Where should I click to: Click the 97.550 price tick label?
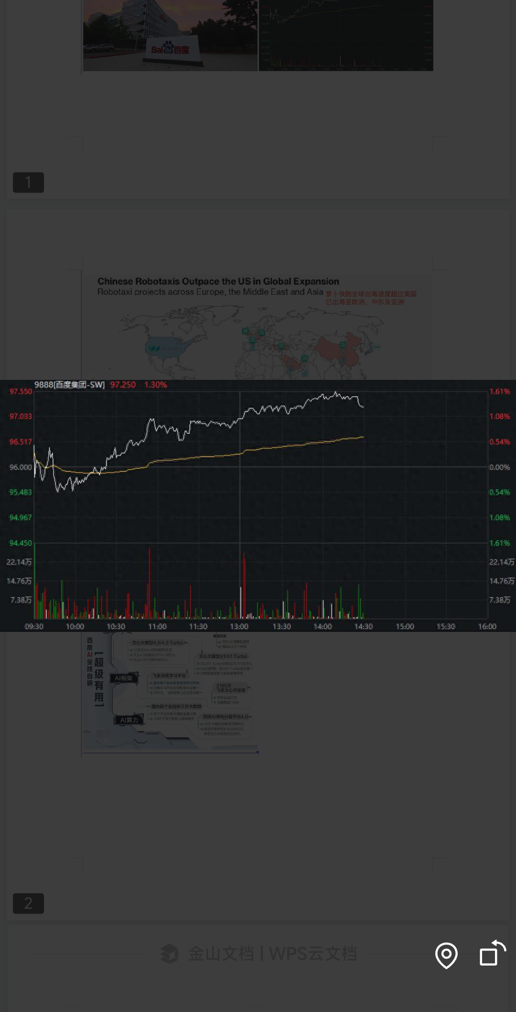pyautogui.click(x=21, y=391)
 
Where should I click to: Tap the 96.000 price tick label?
pyautogui.click(x=21, y=467)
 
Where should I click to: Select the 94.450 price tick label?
pyautogui.click(x=21, y=543)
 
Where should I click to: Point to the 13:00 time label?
pyautogui.click(x=239, y=626)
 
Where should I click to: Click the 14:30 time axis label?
pyautogui.click(x=363, y=626)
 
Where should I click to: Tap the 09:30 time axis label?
pyautogui.click(x=34, y=626)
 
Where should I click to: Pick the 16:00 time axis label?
pyautogui.click(x=487, y=626)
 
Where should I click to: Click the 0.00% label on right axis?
pyautogui.click(x=499, y=467)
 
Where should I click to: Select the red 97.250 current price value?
pyautogui.click(x=123, y=385)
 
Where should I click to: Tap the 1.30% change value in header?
pyautogui.click(x=155, y=385)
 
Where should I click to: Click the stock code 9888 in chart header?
pyautogui.click(x=43, y=385)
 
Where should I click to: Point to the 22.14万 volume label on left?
pyautogui.click(x=19, y=562)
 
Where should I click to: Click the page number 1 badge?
pyautogui.click(x=28, y=183)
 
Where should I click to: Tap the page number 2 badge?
pyautogui.click(x=28, y=903)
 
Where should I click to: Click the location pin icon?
pyautogui.click(x=446, y=955)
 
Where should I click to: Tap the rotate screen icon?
pyautogui.click(x=492, y=954)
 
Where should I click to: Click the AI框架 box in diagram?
pyautogui.click(x=124, y=678)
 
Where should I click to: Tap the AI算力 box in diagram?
pyautogui.click(x=129, y=720)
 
